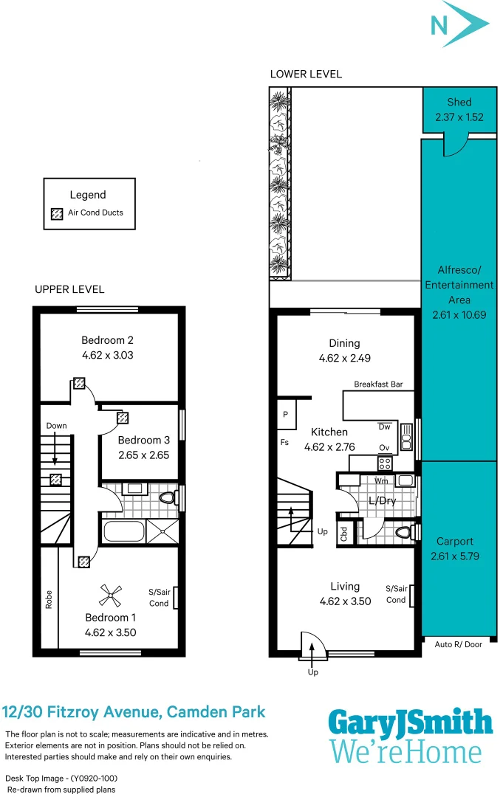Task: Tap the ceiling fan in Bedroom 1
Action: [111, 591]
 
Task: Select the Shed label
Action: [459, 102]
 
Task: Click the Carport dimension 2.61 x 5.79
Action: [455, 556]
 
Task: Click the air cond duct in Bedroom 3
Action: [123, 418]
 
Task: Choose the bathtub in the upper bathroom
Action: [123, 531]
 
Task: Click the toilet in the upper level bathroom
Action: [167, 497]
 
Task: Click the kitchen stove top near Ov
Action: [385, 463]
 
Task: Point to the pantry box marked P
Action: [286, 415]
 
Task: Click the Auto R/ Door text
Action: [459, 644]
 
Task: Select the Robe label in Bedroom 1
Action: [49, 599]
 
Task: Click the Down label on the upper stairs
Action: [56, 426]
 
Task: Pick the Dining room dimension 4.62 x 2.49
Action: [344, 358]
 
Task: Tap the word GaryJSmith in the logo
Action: [410, 723]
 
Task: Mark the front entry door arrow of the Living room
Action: [312, 649]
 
